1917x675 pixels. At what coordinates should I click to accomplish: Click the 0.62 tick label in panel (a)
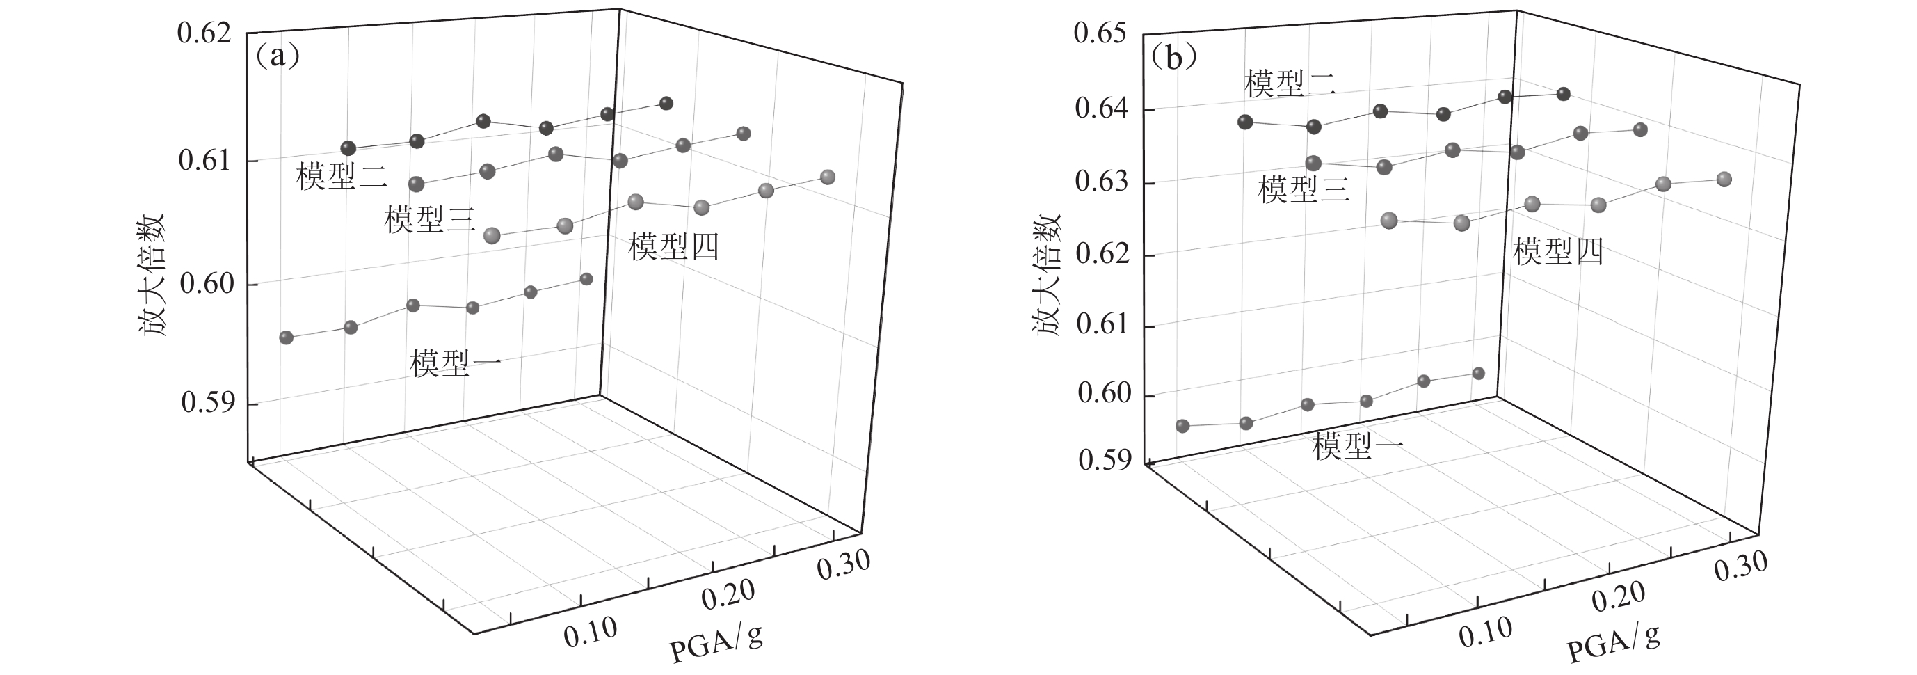[x=203, y=35]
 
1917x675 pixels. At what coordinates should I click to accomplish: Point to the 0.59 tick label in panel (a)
[x=207, y=403]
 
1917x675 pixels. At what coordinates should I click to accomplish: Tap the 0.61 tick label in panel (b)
[x=1101, y=324]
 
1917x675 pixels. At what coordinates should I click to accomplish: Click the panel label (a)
[x=278, y=56]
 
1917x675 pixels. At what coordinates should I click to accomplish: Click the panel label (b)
[x=1173, y=56]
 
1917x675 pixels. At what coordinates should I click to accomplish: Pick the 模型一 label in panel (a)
[x=455, y=363]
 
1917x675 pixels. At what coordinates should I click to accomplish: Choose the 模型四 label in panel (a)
[x=673, y=246]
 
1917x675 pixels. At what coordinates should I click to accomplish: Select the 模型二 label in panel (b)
[x=1290, y=84]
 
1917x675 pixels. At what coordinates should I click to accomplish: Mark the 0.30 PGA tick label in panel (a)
[x=843, y=565]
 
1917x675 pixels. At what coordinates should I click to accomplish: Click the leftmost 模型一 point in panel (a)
[x=286, y=337]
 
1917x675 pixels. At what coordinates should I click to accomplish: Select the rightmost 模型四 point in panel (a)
[x=827, y=177]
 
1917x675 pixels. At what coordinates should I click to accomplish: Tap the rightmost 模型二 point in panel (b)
[x=1563, y=94]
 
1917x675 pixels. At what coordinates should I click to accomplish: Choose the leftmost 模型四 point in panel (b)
[x=1388, y=221]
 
